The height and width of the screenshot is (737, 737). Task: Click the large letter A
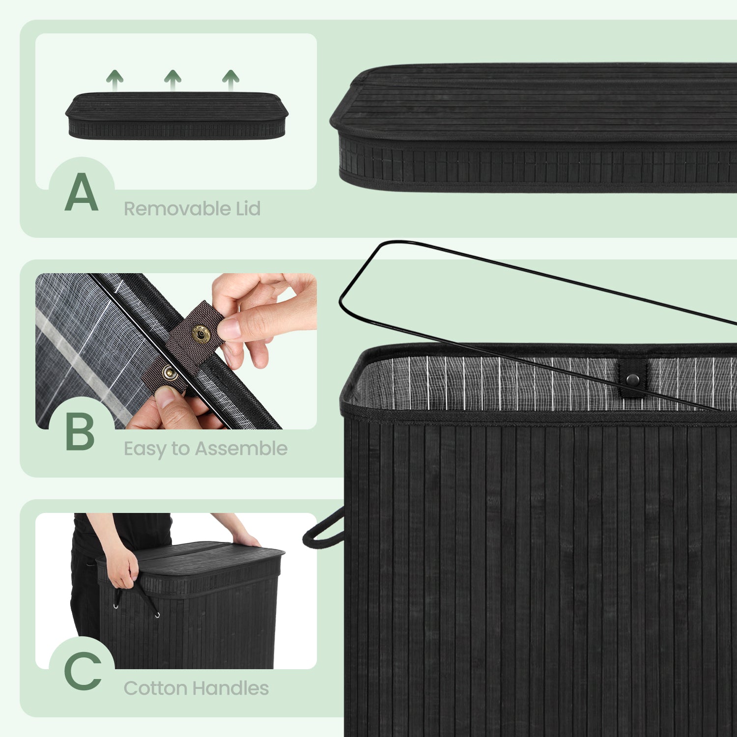pyautogui.click(x=82, y=192)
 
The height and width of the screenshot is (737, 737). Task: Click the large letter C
pyautogui.click(x=83, y=671)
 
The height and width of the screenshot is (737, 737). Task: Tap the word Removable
pyautogui.click(x=177, y=209)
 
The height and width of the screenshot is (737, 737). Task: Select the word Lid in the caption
pyautogui.click(x=248, y=208)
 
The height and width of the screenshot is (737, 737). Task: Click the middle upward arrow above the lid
pyautogui.click(x=172, y=80)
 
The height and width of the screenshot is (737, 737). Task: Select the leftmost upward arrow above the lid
pyautogui.click(x=114, y=80)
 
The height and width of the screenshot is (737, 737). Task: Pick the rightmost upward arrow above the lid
pyautogui.click(x=230, y=80)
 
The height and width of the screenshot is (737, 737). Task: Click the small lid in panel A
pyautogui.click(x=177, y=115)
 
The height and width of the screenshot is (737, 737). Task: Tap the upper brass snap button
pyautogui.click(x=200, y=335)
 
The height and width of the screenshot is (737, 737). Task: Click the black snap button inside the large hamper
pyautogui.click(x=633, y=379)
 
